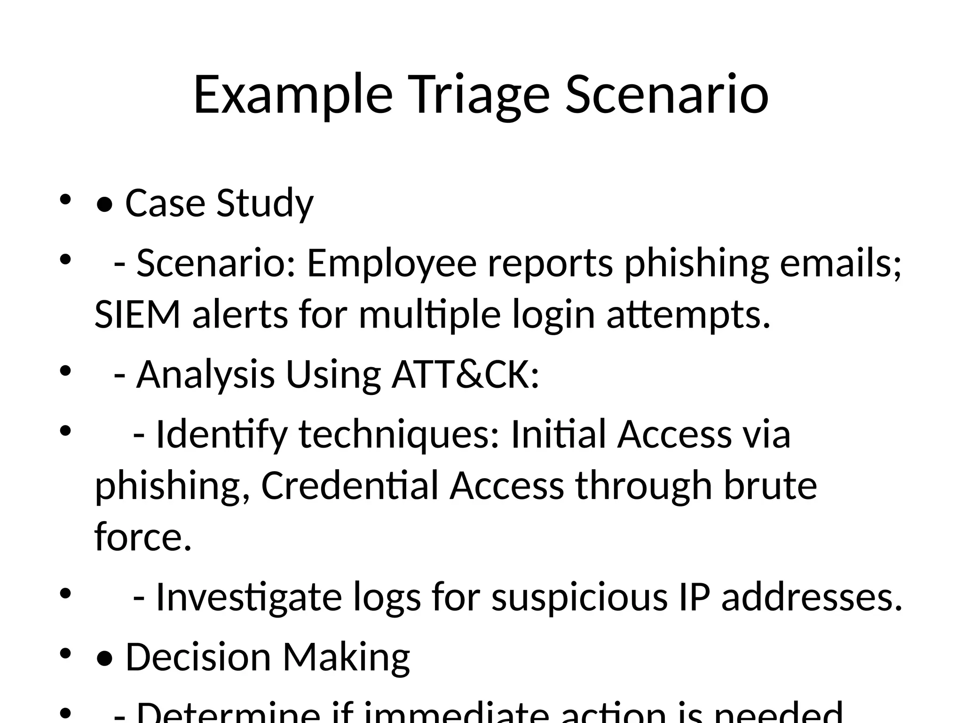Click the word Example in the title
pyautogui.click(x=292, y=96)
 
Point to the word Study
pyautogui.click(x=265, y=204)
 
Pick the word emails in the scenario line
pyautogui.click(x=840, y=264)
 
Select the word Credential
pyautogui.click(x=349, y=486)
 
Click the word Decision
pyautogui.click(x=198, y=658)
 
